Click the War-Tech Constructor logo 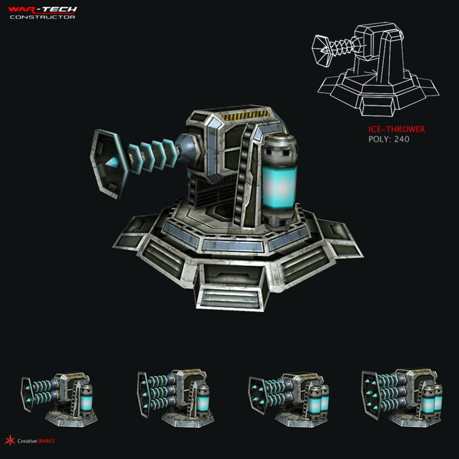tap(42, 12)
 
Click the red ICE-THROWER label tap(397, 130)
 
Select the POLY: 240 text tap(388, 139)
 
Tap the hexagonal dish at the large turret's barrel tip tap(108, 164)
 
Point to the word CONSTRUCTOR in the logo tap(42, 17)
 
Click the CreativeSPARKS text tap(36, 441)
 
